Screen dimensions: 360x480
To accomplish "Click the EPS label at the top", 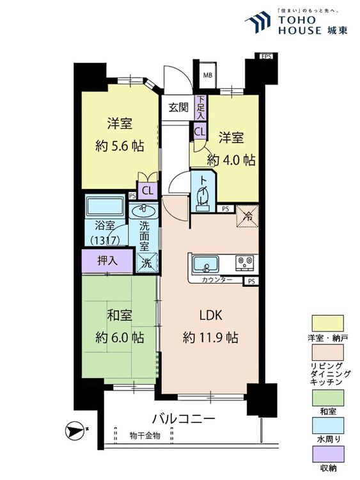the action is [266, 56].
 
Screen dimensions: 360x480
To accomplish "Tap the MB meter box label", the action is [208, 75].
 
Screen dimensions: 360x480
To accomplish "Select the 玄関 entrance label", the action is [178, 108].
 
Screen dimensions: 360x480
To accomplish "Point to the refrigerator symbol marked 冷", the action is [247, 216].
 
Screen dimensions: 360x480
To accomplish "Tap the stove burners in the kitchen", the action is [245, 263].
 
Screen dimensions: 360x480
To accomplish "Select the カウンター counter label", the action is [217, 280].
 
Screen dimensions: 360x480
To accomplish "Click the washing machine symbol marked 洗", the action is [147, 262].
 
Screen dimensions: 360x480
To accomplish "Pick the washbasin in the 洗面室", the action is [143, 211].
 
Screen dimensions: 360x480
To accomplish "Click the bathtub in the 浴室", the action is [105, 207].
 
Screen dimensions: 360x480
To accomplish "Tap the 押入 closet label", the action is [107, 260].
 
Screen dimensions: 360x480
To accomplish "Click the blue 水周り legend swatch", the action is [327, 426].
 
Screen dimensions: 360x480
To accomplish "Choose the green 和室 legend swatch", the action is [327, 397].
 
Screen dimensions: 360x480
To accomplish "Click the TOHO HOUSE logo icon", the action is [258, 22].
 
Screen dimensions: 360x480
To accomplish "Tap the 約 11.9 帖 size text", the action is [210, 337].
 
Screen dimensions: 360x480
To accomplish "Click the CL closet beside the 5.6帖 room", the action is [148, 191].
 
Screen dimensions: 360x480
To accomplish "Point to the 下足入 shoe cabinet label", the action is [201, 108].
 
